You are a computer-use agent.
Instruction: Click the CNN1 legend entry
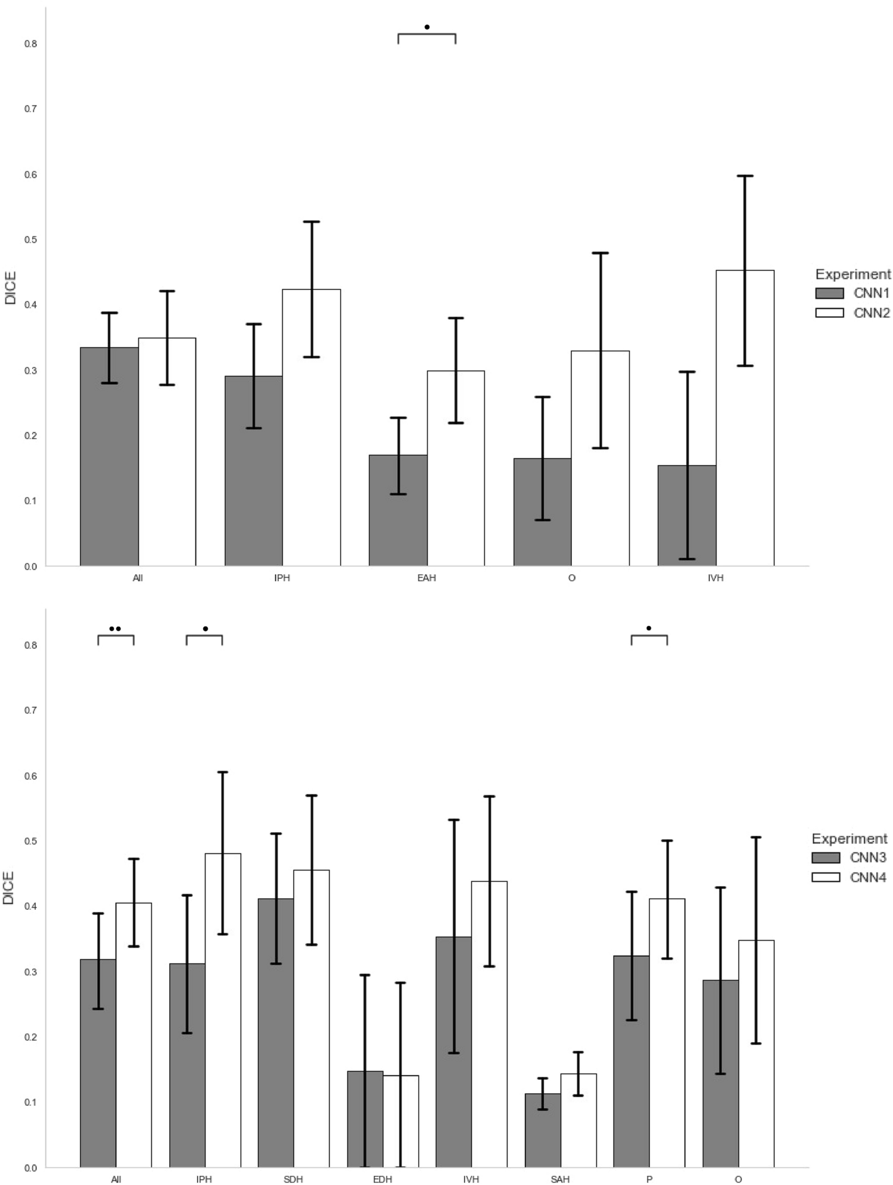pyautogui.click(x=852, y=293)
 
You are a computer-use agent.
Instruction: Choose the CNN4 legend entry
pyautogui.click(x=849, y=877)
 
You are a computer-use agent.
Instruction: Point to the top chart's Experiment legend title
pyautogui.click(x=852, y=275)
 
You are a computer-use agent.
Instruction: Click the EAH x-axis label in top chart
pyautogui.click(x=427, y=578)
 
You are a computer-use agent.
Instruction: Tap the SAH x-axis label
pyautogui.click(x=560, y=1179)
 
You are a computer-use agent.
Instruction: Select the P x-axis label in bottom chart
pyautogui.click(x=649, y=1179)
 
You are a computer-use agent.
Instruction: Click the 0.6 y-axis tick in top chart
pyautogui.click(x=30, y=174)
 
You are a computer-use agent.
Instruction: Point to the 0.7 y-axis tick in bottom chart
pyautogui.click(x=30, y=710)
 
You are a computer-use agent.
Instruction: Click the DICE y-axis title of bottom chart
pyautogui.click(x=8, y=888)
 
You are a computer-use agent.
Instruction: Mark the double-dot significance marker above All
pyautogui.click(x=115, y=629)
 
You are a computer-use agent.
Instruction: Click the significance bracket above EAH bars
pyautogui.click(x=427, y=35)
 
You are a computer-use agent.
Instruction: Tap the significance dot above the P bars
pyautogui.click(x=649, y=628)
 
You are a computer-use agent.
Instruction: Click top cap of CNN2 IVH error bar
pyautogui.click(x=745, y=176)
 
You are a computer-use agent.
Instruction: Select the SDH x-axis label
pyautogui.click(x=293, y=1179)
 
